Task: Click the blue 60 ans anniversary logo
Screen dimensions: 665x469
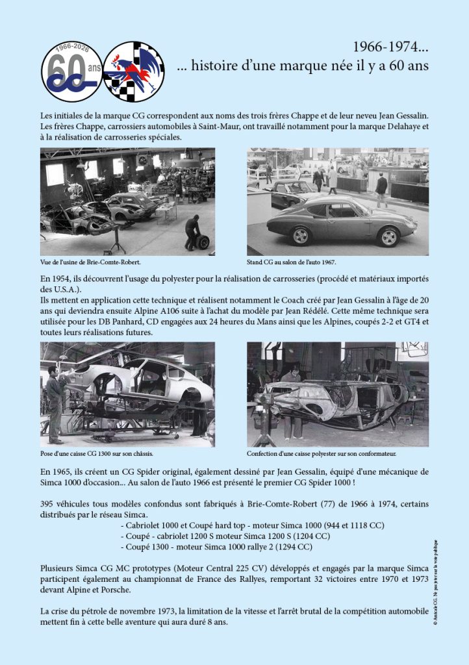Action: tap(71, 71)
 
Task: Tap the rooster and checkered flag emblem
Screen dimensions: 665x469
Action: tap(134, 71)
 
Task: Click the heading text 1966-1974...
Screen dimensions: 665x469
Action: tap(390, 47)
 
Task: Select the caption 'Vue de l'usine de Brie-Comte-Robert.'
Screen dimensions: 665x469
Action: tap(91, 263)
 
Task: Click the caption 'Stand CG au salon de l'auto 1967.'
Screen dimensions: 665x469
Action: tap(291, 263)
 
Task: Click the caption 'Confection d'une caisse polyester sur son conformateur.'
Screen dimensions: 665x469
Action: tap(322, 453)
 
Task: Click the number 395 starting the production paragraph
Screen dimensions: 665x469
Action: tap(49, 504)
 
